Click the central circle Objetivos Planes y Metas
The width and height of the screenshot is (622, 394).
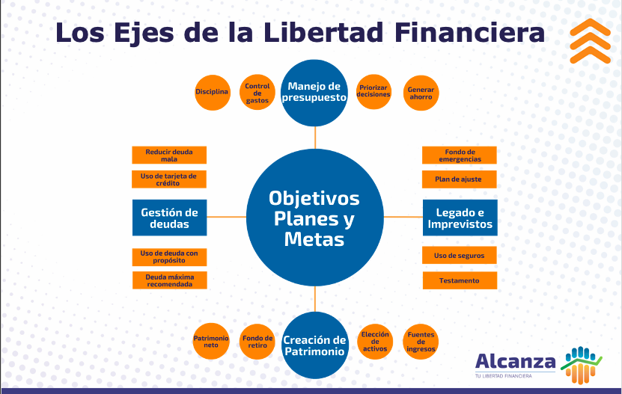(x=314, y=218)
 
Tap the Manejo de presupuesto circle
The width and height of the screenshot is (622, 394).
(x=315, y=92)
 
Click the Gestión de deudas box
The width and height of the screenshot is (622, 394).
(x=169, y=218)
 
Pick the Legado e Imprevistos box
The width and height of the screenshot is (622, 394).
(x=460, y=218)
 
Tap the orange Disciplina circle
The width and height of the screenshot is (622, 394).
(x=212, y=92)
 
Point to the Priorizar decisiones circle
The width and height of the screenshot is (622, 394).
(x=373, y=91)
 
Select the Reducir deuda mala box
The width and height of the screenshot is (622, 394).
(x=169, y=155)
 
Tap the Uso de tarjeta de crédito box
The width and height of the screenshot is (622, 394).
(x=169, y=179)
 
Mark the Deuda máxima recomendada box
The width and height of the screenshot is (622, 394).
(x=169, y=280)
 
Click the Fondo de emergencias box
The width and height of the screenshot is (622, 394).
(x=460, y=155)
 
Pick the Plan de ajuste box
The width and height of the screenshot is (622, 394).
(x=460, y=179)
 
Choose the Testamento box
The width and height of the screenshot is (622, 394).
(x=460, y=280)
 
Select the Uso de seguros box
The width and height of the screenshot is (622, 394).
(x=460, y=256)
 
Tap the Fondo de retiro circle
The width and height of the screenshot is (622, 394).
(x=257, y=342)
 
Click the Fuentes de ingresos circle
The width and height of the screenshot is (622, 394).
(x=421, y=342)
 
